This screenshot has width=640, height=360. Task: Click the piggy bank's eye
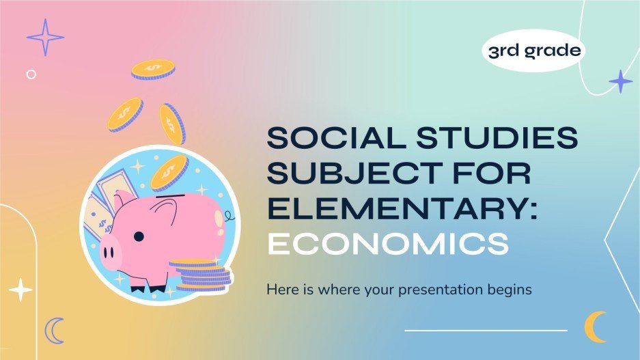pyautogui.click(x=138, y=236)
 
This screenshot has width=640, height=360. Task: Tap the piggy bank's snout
pyautogui.click(x=110, y=253)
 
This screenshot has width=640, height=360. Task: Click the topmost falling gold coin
pyautogui.click(x=153, y=69)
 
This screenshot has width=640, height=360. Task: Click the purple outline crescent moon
pyautogui.click(x=54, y=331)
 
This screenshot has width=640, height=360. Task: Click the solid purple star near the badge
pyautogui.click(x=620, y=82)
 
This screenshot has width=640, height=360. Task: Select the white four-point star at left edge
pyautogui.click(x=20, y=290)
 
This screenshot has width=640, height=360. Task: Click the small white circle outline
pyautogui.click(x=31, y=74)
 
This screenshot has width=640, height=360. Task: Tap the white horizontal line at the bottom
pyautogui.click(x=486, y=331)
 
